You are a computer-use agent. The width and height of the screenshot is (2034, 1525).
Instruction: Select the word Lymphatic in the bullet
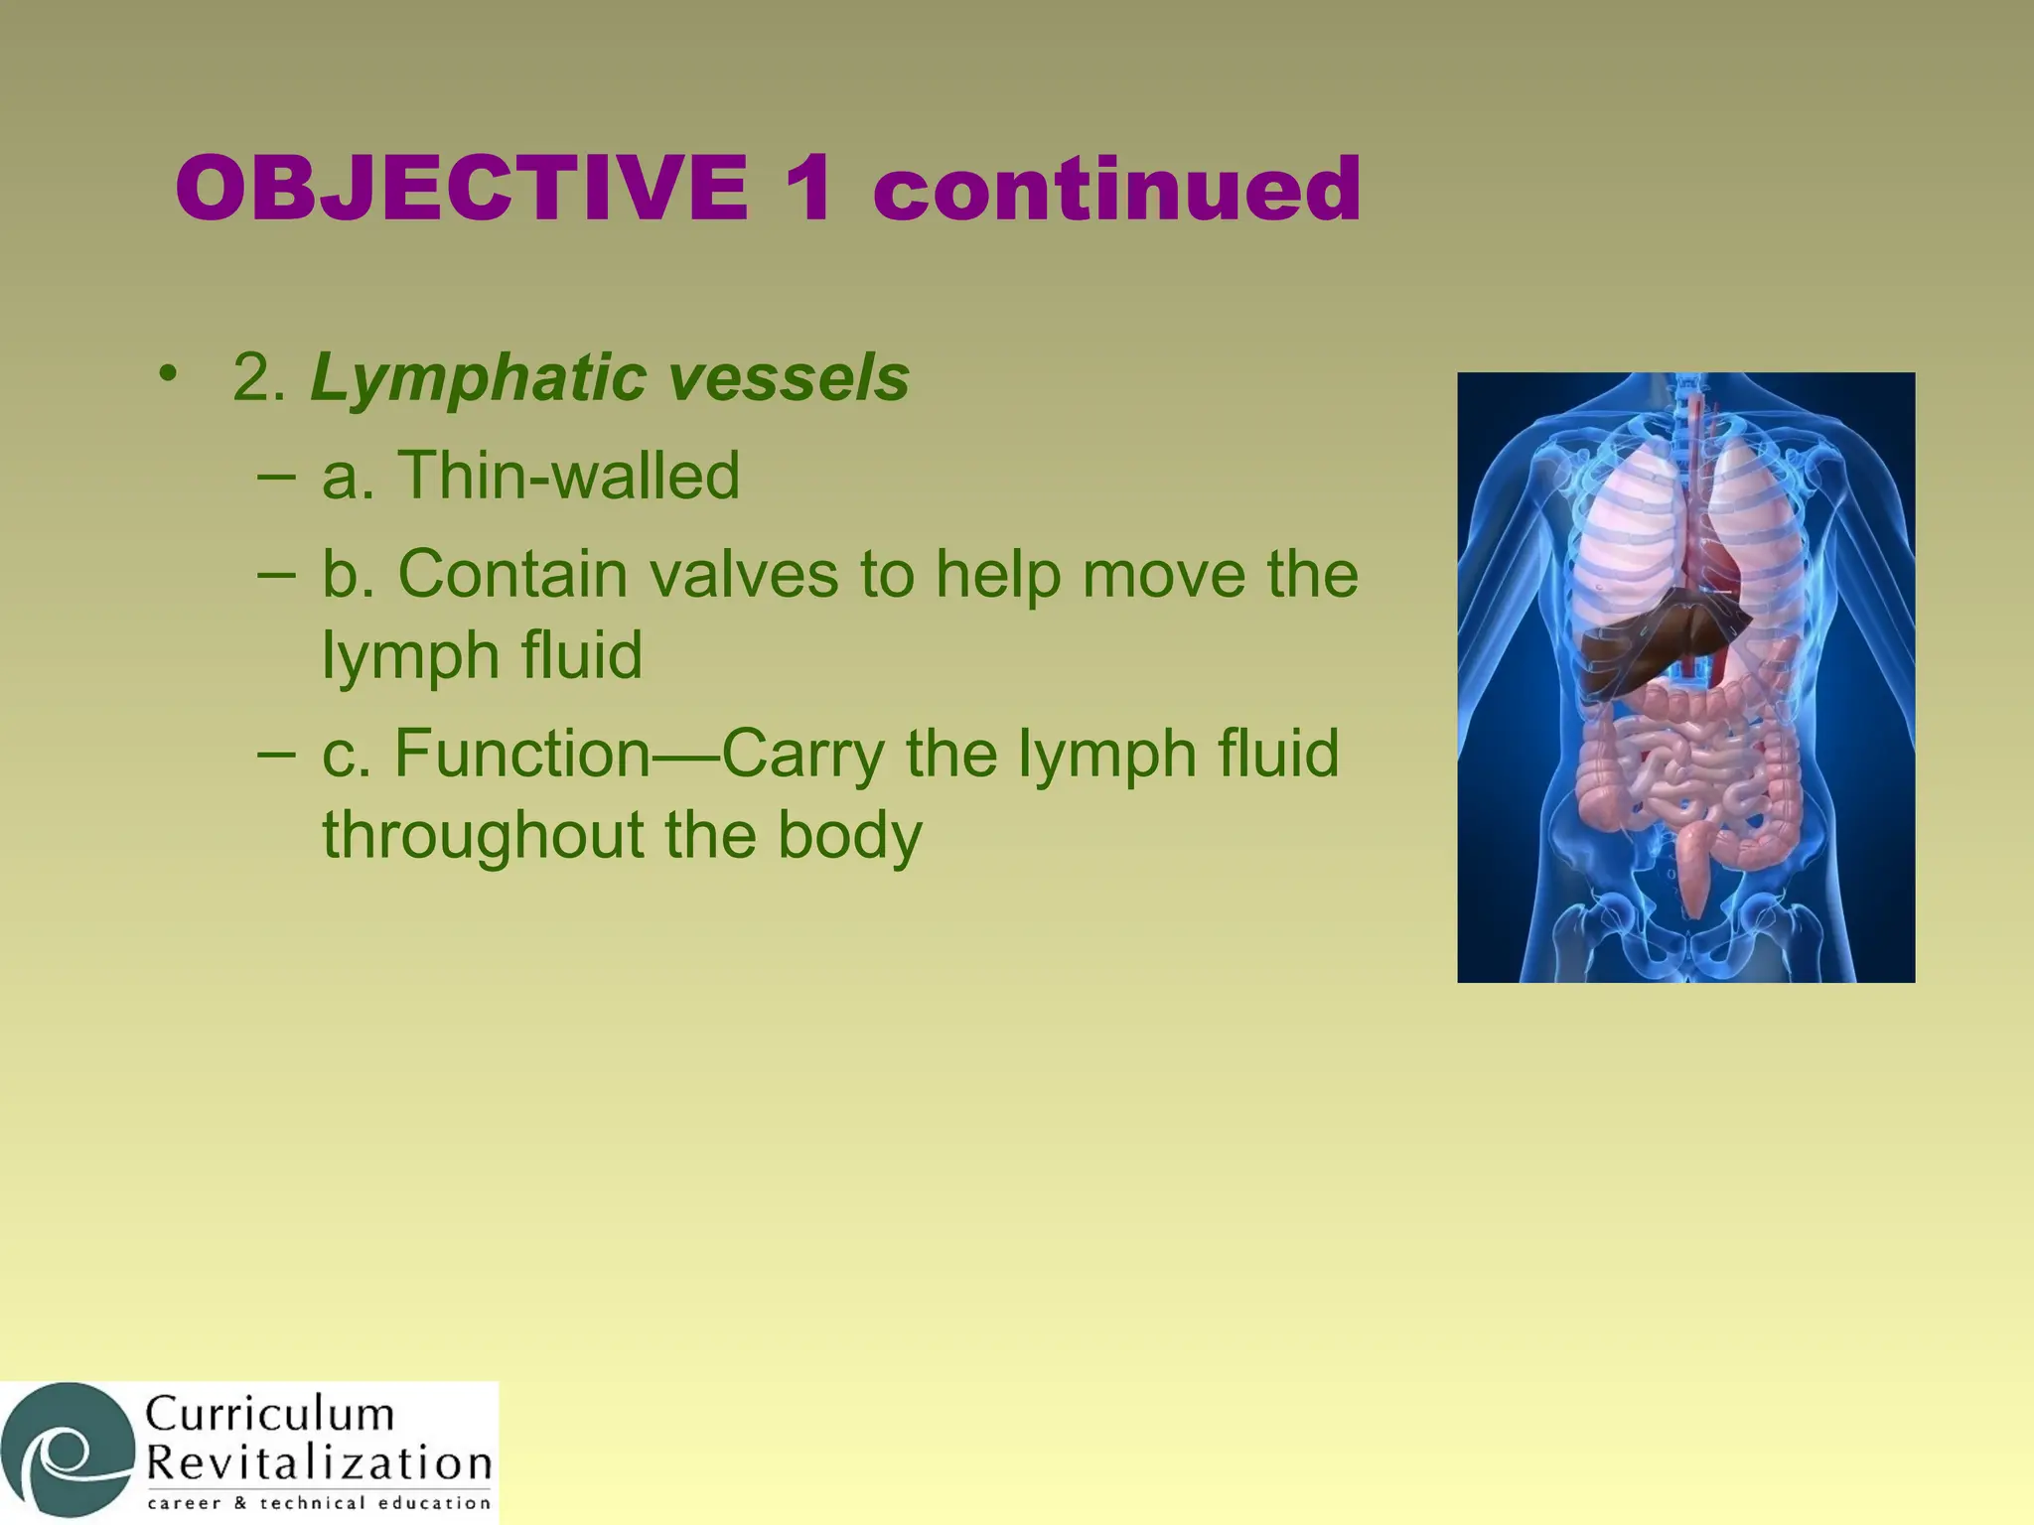477,379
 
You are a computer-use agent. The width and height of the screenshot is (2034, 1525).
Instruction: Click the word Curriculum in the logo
270,1414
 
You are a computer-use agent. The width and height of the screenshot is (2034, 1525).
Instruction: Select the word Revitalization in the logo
318,1463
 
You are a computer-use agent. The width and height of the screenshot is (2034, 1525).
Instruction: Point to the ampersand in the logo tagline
238,1503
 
